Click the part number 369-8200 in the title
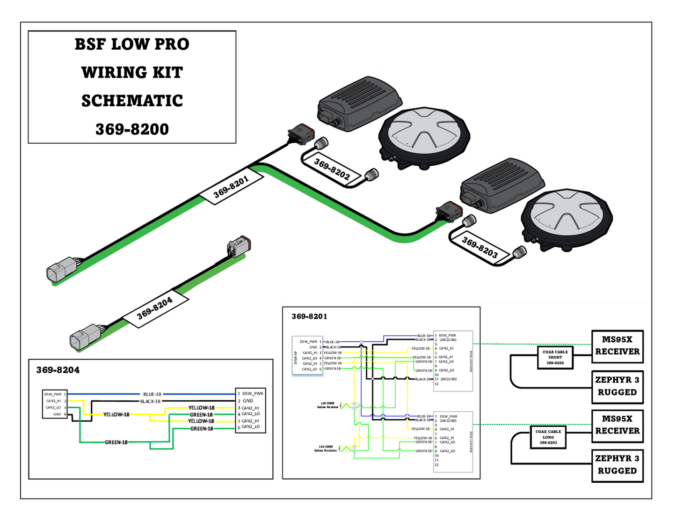coord(132,129)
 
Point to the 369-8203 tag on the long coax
coord(480,248)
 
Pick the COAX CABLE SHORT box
coord(555,357)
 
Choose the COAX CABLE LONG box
coord(548,437)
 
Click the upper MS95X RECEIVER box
coord(617,346)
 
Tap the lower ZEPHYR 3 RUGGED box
coord(617,465)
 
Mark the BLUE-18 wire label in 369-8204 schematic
coord(152,394)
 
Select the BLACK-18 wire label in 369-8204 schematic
coord(150,401)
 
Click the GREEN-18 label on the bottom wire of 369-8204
coord(116,442)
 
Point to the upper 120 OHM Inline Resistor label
coord(327,405)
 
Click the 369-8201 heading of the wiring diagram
coord(309,317)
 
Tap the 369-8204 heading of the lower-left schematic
coord(58,370)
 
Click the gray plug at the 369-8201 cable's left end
coord(61,269)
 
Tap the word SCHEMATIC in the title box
coord(132,101)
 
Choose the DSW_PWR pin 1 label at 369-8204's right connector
coord(253,394)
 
